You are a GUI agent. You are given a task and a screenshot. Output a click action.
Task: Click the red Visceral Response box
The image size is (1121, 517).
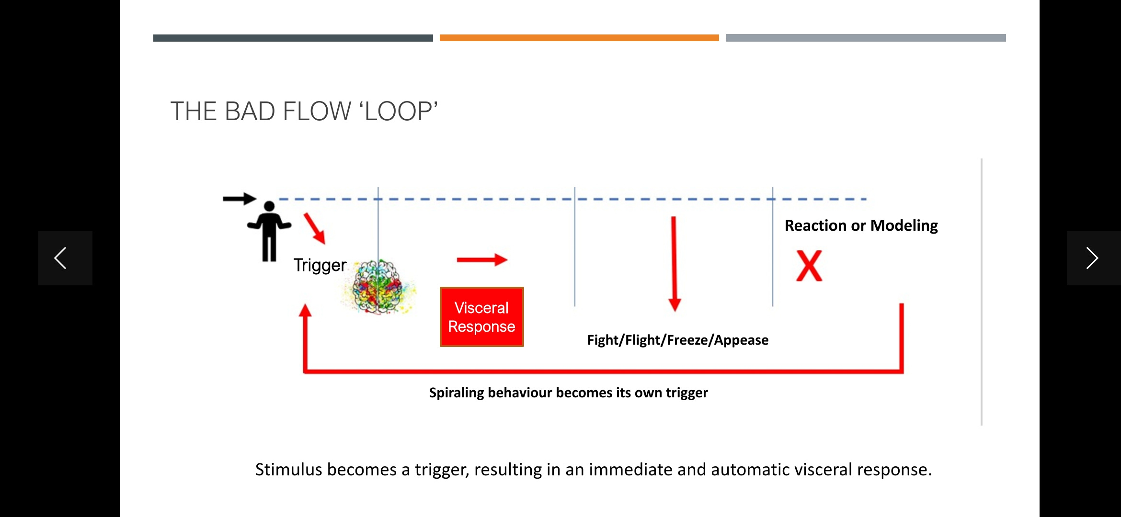[x=481, y=317]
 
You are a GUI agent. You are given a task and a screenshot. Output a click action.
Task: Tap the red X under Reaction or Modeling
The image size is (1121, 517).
[x=809, y=266]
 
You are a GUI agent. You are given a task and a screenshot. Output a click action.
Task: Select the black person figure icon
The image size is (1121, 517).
[x=269, y=231]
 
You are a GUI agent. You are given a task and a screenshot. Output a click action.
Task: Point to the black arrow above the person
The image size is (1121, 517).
[x=240, y=199]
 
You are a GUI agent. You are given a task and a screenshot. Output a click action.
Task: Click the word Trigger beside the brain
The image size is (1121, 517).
[x=320, y=265]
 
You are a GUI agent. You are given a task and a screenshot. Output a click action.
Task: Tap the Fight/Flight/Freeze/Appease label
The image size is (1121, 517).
[x=677, y=340]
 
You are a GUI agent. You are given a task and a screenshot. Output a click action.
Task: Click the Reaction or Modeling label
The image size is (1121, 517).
[x=861, y=225]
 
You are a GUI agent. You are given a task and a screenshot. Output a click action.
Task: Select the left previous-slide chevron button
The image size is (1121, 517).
[x=65, y=258]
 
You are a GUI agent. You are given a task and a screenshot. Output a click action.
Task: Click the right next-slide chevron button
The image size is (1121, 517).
[x=1093, y=258]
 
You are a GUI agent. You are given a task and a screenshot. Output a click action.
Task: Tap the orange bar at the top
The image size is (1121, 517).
[x=579, y=38]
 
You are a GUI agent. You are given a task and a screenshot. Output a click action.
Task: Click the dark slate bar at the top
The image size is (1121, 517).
[x=293, y=38]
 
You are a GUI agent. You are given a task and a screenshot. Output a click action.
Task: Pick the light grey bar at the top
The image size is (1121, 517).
[x=866, y=38]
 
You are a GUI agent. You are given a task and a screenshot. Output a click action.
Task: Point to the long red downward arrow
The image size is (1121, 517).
[x=674, y=263]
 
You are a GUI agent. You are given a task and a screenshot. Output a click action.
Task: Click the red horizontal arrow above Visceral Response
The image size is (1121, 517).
[x=481, y=260]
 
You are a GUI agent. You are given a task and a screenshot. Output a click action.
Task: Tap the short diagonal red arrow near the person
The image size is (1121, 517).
[x=315, y=228]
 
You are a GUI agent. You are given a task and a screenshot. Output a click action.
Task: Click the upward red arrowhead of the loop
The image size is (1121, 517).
[x=305, y=311]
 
